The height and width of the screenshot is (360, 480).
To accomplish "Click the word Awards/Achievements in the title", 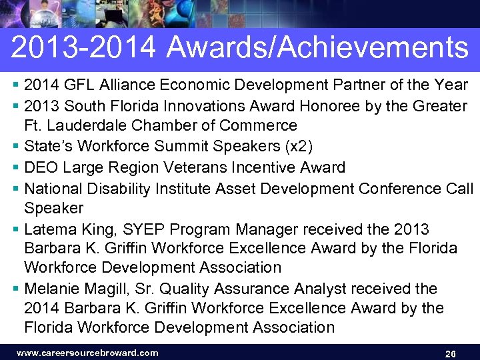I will coord(318,48).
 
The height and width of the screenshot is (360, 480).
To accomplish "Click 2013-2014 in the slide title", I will coord(84,48).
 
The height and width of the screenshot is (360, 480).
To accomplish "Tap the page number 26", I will coord(450,353).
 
